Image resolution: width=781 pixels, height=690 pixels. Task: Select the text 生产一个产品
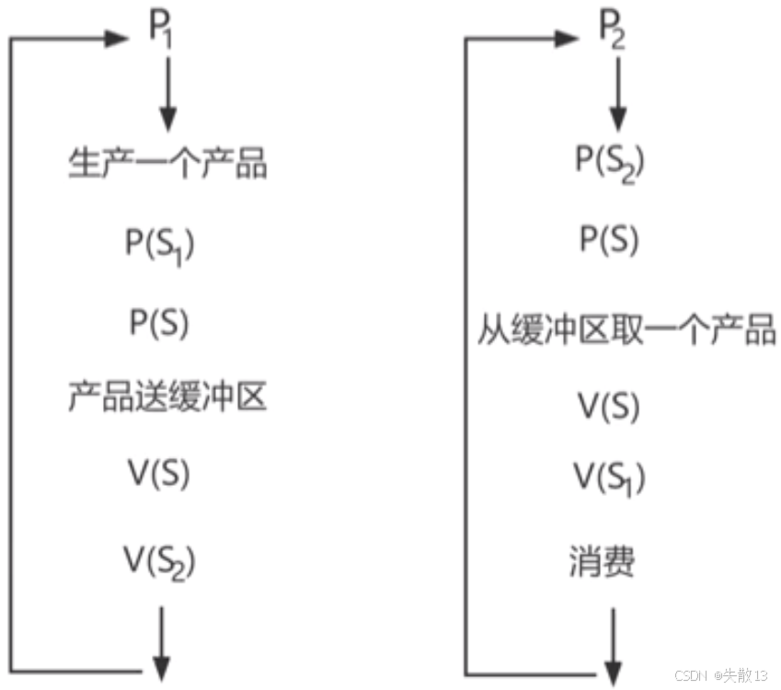[x=168, y=166]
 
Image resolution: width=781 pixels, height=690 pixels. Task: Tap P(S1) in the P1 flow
[x=160, y=245]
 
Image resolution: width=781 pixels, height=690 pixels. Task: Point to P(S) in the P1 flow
[x=158, y=322]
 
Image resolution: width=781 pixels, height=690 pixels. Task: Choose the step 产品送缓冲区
[x=168, y=398]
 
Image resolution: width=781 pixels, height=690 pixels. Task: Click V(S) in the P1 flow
[x=158, y=474]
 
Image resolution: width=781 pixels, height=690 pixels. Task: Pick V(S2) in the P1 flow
[x=160, y=559]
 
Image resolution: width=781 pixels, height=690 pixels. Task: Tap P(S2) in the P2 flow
[x=610, y=162]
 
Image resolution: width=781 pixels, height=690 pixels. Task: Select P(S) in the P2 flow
[x=609, y=240]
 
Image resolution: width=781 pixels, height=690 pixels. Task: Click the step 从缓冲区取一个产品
[x=626, y=329]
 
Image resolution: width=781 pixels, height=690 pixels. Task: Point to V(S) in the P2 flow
[x=608, y=406]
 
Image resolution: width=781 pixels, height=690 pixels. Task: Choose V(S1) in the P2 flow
[x=610, y=477]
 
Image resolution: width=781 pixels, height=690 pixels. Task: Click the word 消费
[x=602, y=560]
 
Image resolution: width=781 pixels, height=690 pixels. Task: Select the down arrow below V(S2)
[x=162, y=642]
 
